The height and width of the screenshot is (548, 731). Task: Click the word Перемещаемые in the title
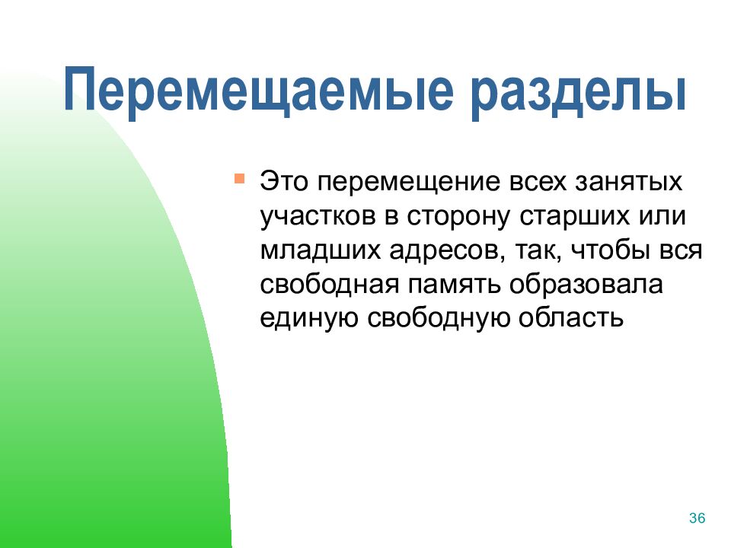pos(259,90)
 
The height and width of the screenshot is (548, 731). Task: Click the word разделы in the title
pos(578,93)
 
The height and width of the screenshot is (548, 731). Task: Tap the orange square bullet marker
pos(239,179)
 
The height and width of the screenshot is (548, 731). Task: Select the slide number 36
pos(697,518)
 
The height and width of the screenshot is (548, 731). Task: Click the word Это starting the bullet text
pos(283,181)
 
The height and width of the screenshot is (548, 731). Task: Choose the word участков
pos(318,218)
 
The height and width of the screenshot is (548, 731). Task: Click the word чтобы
pos(610,250)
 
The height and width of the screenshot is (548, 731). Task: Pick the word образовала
pos(586,284)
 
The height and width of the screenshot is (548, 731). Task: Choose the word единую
pos(308,319)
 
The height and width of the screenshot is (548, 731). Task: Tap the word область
pos(571,318)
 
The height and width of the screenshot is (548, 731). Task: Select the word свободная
pos(330,284)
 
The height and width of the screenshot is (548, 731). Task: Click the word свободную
pos(439,319)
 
